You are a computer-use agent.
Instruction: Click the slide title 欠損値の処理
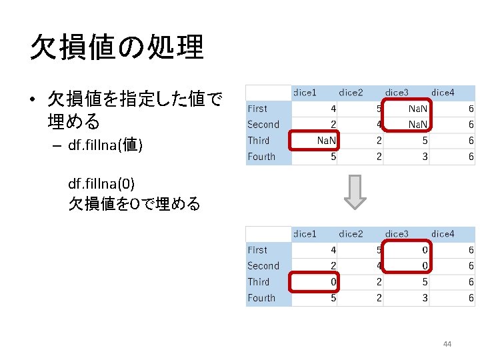(x=117, y=47)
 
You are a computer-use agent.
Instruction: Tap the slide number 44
(x=447, y=344)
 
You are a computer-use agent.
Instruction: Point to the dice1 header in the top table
(x=305, y=92)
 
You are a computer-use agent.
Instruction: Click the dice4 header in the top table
(x=443, y=92)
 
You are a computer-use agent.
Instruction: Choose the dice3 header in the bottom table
(x=397, y=233)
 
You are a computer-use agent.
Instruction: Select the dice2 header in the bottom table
(x=351, y=233)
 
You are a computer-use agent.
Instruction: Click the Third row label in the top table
(x=259, y=141)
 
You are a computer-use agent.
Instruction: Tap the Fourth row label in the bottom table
(x=261, y=298)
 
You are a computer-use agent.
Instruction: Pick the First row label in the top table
(x=257, y=109)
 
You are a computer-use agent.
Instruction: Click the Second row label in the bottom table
(x=263, y=266)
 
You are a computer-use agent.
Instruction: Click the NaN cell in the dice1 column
(x=325, y=141)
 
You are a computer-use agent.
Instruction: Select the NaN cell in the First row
(x=418, y=109)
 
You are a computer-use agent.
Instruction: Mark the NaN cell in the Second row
(x=418, y=125)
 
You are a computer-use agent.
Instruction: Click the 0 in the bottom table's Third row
(x=333, y=282)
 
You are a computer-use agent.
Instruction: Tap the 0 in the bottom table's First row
(x=424, y=250)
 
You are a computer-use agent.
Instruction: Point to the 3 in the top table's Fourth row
(x=424, y=157)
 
